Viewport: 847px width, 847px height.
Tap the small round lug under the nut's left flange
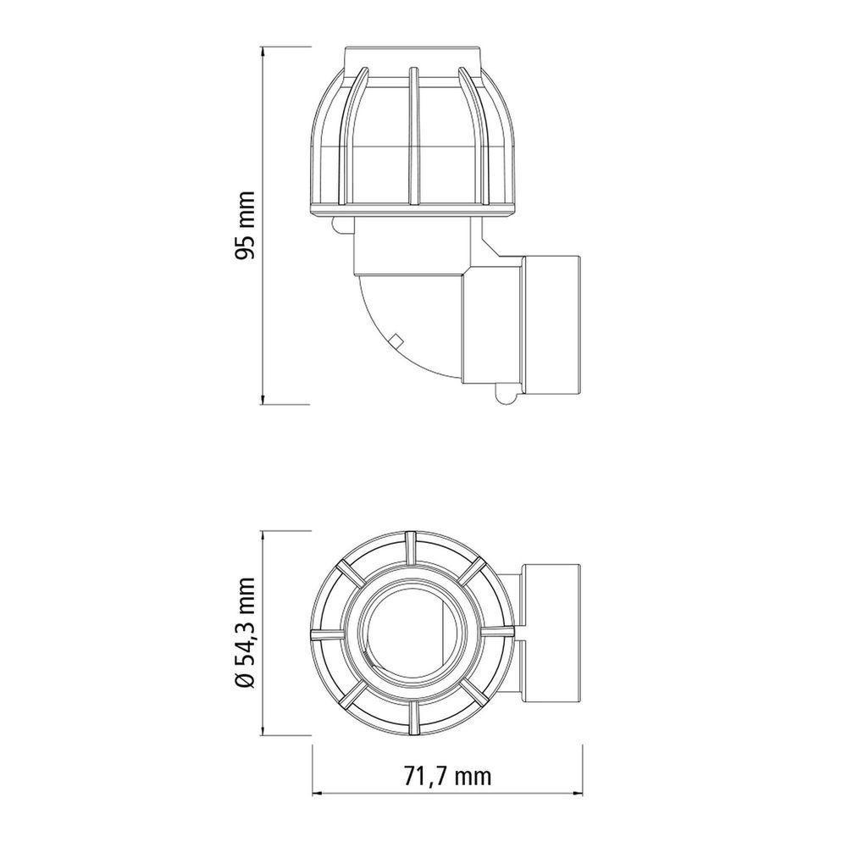(339, 224)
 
